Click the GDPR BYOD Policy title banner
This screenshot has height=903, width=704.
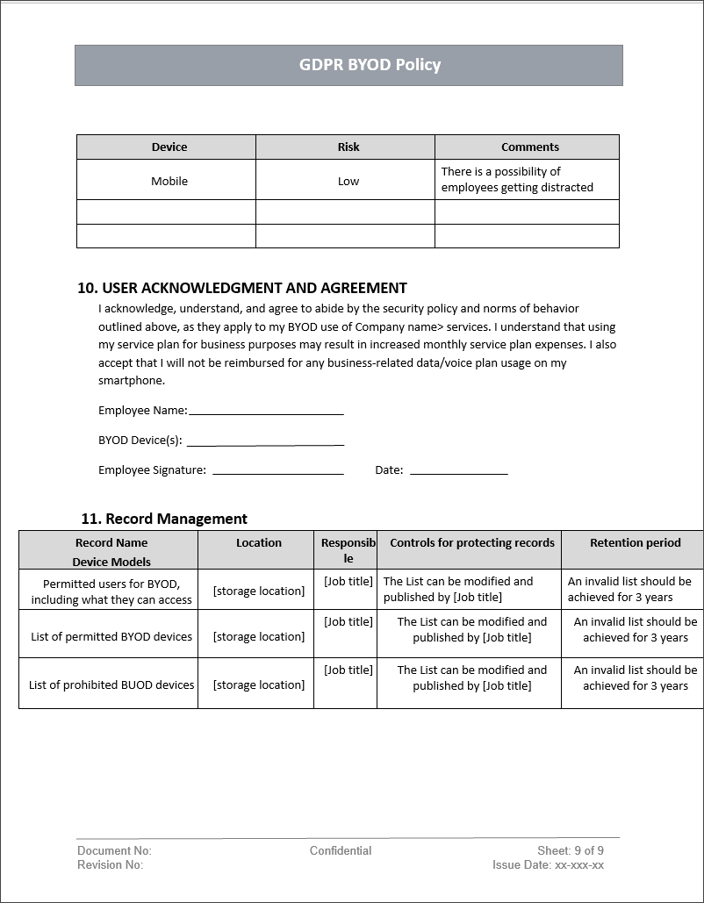[348, 65]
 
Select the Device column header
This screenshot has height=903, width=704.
[169, 147]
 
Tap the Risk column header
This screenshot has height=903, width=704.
[348, 147]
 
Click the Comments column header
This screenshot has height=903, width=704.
[529, 147]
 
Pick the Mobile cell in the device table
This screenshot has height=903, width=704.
[169, 181]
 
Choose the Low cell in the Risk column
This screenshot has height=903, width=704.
[348, 181]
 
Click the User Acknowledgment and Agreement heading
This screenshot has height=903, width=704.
[242, 288]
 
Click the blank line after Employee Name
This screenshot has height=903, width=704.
[266, 412]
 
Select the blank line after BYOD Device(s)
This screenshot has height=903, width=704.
[265, 442]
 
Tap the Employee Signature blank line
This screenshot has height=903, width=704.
[277, 471]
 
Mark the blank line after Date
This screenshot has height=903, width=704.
[458, 471]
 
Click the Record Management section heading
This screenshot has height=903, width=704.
[164, 519]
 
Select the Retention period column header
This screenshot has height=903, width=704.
[635, 542]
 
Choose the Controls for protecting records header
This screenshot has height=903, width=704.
[471, 542]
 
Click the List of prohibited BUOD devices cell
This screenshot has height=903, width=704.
[111, 684]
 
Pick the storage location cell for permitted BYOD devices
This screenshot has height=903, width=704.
[259, 636]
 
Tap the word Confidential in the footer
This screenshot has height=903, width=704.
[341, 850]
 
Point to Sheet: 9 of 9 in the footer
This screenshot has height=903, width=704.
[571, 850]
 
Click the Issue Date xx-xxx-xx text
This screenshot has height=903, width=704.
[548, 864]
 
